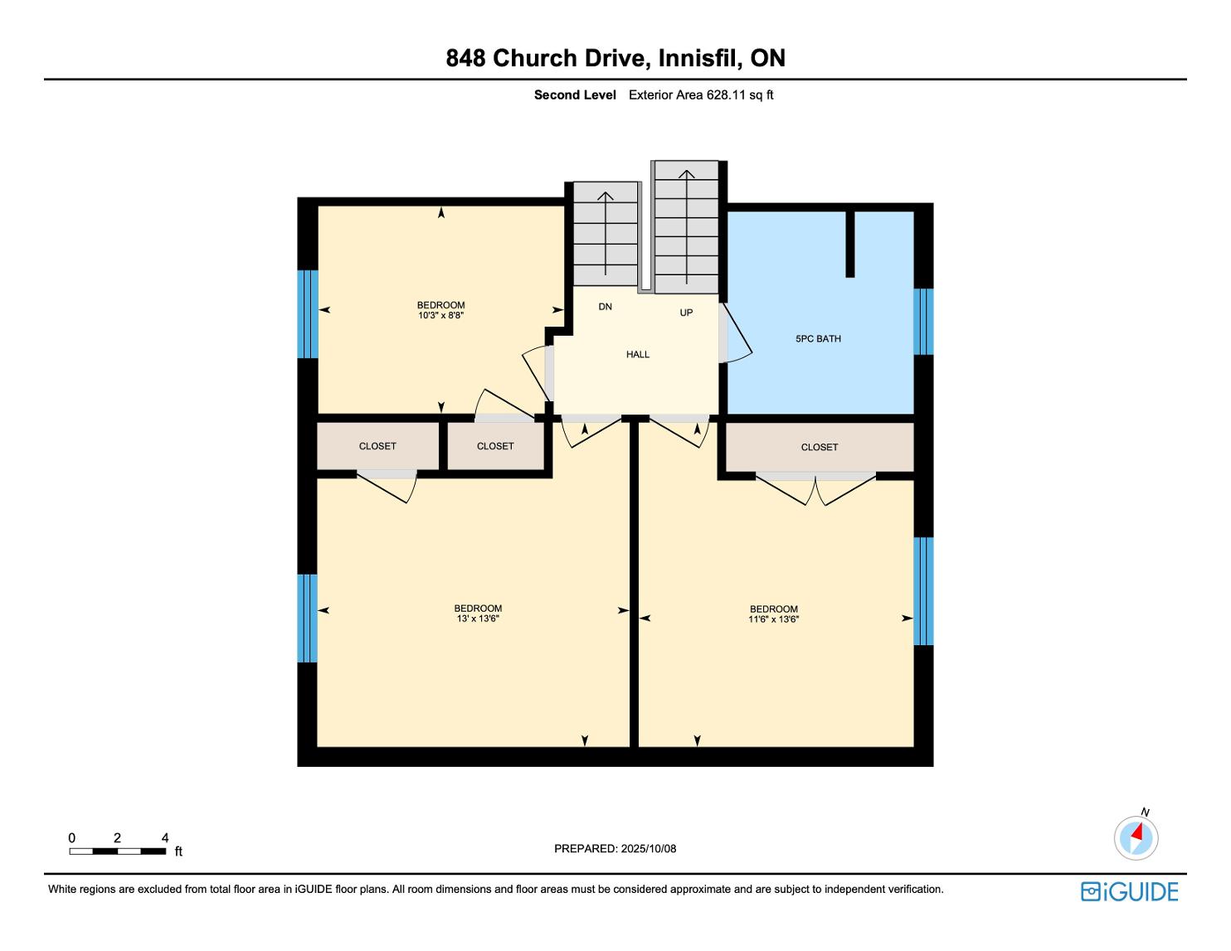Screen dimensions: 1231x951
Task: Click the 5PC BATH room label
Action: (818, 339)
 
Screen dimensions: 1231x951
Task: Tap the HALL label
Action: (638, 355)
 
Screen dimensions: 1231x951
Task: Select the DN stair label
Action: (605, 307)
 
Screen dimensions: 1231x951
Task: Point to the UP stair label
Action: (686, 313)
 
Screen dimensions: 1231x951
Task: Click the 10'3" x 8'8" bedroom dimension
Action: (440, 315)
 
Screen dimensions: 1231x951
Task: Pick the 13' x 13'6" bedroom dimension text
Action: (478, 619)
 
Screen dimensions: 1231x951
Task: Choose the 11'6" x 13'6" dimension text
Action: (773, 619)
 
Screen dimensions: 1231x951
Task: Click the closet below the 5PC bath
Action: (820, 447)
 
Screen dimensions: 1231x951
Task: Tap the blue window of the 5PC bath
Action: (923, 322)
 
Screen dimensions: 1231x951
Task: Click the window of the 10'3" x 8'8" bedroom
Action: (308, 314)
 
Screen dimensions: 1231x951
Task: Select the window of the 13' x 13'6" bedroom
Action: (307, 619)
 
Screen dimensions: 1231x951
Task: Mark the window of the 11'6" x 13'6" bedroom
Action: (923, 591)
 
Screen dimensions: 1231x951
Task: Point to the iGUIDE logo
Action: (1130, 891)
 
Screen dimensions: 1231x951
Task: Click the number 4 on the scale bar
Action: (165, 837)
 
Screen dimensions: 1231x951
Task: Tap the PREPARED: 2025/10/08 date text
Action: (615, 848)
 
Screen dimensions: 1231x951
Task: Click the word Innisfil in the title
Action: (700, 58)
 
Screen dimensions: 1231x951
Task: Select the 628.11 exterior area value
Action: (727, 95)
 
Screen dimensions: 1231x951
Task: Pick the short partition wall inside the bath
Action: (849, 244)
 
